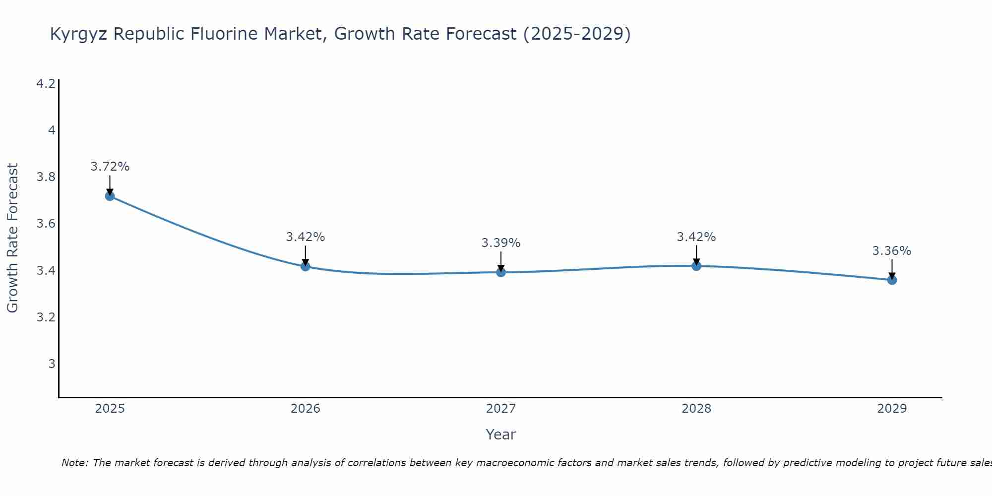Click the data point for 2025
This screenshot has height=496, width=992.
[x=110, y=196]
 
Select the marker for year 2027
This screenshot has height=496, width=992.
[x=501, y=272]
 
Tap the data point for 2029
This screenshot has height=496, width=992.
[x=892, y=280]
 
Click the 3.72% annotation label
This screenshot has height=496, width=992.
[x=110, y=167]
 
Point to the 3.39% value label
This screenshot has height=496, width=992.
[x=501, y=243]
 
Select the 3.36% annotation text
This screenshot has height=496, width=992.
[x=892, y=251]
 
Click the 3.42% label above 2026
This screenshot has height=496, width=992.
[x=305, y=237]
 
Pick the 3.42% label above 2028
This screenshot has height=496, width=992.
[x=696, y=237]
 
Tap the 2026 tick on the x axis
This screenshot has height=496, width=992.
[x=305, y=409]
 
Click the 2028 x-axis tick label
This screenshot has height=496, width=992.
[x=696, y=409]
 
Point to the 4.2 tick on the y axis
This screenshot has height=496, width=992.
[x=46, y=84]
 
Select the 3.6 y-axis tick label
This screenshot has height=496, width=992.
[x=46, y=224]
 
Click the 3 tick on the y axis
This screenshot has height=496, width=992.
[x=52, y=364]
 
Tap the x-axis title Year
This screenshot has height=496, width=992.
[x=501, y=434]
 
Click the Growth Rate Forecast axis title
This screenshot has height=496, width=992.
[x=12, y=238]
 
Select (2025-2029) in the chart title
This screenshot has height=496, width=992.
[x=577, y=34]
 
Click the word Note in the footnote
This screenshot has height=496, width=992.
[x=74, y=463]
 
